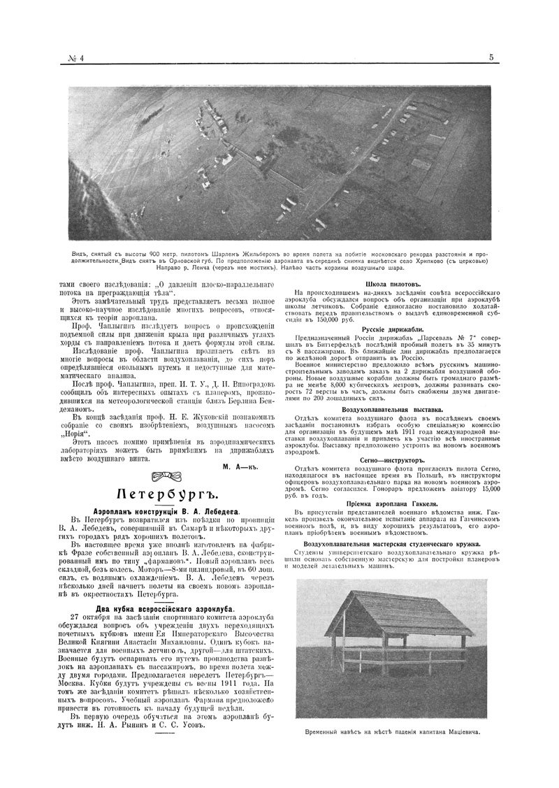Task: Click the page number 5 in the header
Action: click(x=492, y=58)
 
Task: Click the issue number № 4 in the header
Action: click(x=73, y=58)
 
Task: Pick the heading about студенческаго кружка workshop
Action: click(x=400, y=543)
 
